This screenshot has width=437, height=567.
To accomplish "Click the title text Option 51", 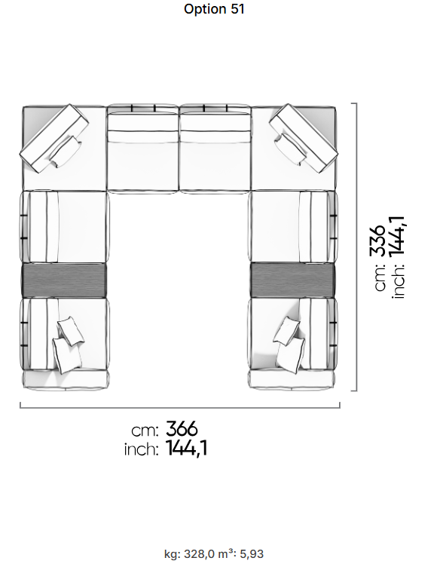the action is (x=214, y=9).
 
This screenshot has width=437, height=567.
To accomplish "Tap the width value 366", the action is (x=182, y=429).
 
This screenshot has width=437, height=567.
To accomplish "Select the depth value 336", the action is (x=377, y=241).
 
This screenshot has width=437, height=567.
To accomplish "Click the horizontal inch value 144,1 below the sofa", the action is (x=187, y=448).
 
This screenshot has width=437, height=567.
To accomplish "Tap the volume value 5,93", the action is (x=252, y=554).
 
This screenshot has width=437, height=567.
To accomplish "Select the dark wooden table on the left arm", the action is (x=64, y=280).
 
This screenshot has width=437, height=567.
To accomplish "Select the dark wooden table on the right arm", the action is (x=292, y=280).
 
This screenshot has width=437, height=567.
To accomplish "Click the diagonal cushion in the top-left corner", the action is (x=54, y=139).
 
